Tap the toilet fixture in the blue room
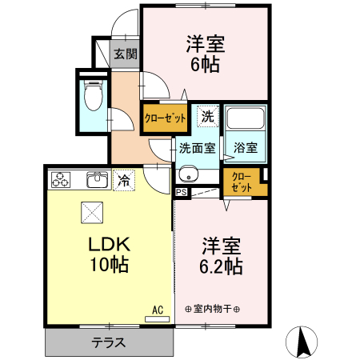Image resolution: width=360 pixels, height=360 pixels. coord(93,95)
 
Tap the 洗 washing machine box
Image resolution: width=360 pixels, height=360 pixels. coord(207,116)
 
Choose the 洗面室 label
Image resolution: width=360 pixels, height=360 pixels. coord(196,148)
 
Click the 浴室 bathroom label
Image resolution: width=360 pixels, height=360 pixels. coord(246,148)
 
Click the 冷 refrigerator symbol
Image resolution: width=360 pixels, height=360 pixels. coord(123,181)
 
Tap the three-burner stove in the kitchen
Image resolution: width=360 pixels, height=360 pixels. coord(62,181)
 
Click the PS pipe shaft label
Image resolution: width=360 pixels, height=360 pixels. coord(181,192)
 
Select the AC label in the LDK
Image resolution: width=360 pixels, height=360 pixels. coord(157,308)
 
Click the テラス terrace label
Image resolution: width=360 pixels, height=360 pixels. coord(108,342)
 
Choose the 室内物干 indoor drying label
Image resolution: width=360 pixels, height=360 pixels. coord(213,310)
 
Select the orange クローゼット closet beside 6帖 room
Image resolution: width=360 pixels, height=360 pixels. coord(165,118)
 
